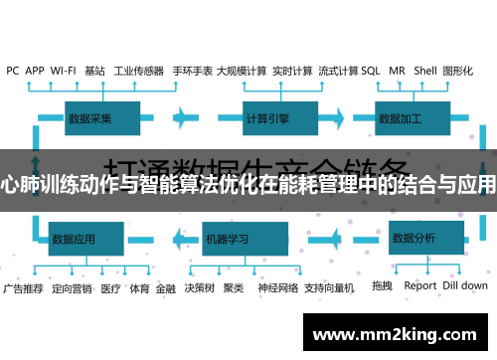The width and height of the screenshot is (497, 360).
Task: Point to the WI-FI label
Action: pyautogui.click(x=63, y=71)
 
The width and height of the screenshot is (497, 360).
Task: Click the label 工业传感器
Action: pyautogui.click(x=138, y=71)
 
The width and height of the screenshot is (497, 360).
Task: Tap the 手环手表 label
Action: pyautogui.click(x=192, y=71)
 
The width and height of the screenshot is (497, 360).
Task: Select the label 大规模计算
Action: pyautogui.click(x=241, y=71)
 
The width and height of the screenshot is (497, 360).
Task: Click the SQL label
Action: pyautogui.click(x=370, y=71)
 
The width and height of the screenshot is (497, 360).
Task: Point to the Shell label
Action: pyautogui.click(x=425, y=71)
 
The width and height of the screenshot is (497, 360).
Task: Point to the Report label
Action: pyautogui.click(x=420, y=286)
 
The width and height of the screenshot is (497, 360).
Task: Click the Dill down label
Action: pyautogui.click(x=465, y=286)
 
